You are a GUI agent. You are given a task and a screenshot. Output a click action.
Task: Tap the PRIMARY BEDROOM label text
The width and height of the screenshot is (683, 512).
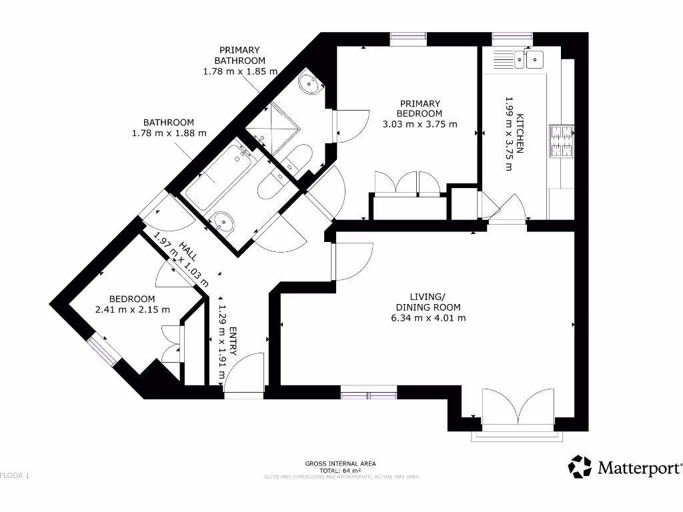(x=420, y=108)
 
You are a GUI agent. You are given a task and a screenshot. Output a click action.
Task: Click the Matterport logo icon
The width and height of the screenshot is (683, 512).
(x=580, y=467)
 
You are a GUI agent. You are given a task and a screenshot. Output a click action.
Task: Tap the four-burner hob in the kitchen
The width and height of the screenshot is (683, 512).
(x=561, y=142)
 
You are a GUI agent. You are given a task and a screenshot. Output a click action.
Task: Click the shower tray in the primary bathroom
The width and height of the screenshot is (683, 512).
(x=270, y=127)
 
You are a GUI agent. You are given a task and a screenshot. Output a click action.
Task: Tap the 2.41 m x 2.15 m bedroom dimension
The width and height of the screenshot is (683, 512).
(x=133, y=310)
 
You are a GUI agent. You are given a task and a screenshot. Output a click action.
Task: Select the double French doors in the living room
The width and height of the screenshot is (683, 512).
(x=518, y=407)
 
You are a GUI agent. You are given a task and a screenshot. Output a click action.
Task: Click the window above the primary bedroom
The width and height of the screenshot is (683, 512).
(x=409, y=39)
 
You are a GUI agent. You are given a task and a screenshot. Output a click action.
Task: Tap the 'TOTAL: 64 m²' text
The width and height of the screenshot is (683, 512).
(x=341, y=470)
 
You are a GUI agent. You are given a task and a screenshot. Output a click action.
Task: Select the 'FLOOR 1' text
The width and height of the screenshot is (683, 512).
(x=15, y=475)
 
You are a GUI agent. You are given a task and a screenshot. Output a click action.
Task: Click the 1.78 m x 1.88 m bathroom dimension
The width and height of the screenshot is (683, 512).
(x=169, y=133)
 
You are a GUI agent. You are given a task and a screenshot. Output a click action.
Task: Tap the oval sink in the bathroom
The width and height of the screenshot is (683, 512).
(x=222, y=221)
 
